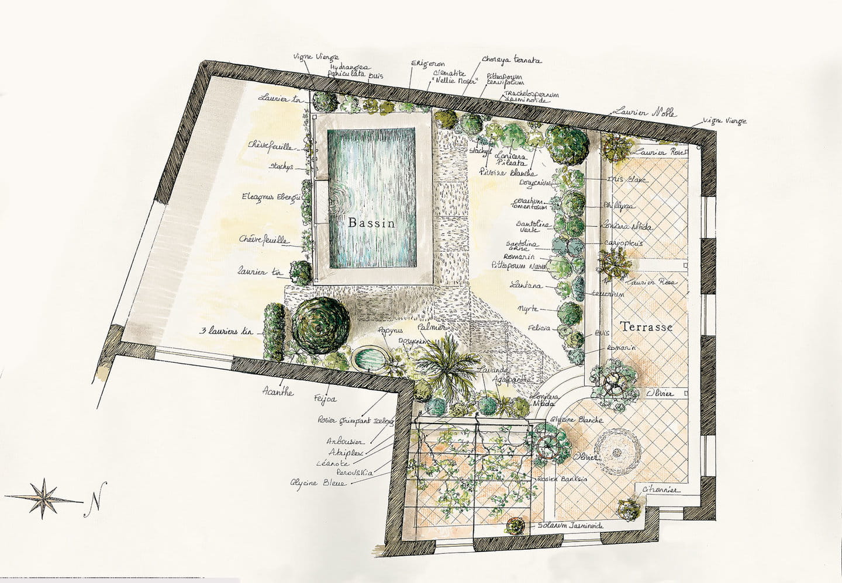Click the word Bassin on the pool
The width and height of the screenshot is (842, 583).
point(371,223)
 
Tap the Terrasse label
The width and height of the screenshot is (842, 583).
point(646,327)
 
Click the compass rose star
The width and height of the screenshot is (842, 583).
point(44,498)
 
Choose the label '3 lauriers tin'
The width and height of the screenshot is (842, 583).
point(225,331)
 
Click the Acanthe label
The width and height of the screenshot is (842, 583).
point(278,392)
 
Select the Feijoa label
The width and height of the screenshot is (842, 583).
point(325,398)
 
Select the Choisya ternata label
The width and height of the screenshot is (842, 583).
point(512,60)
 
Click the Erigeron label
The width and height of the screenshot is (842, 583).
point(427,64)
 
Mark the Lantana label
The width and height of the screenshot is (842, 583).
point(526,286)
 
